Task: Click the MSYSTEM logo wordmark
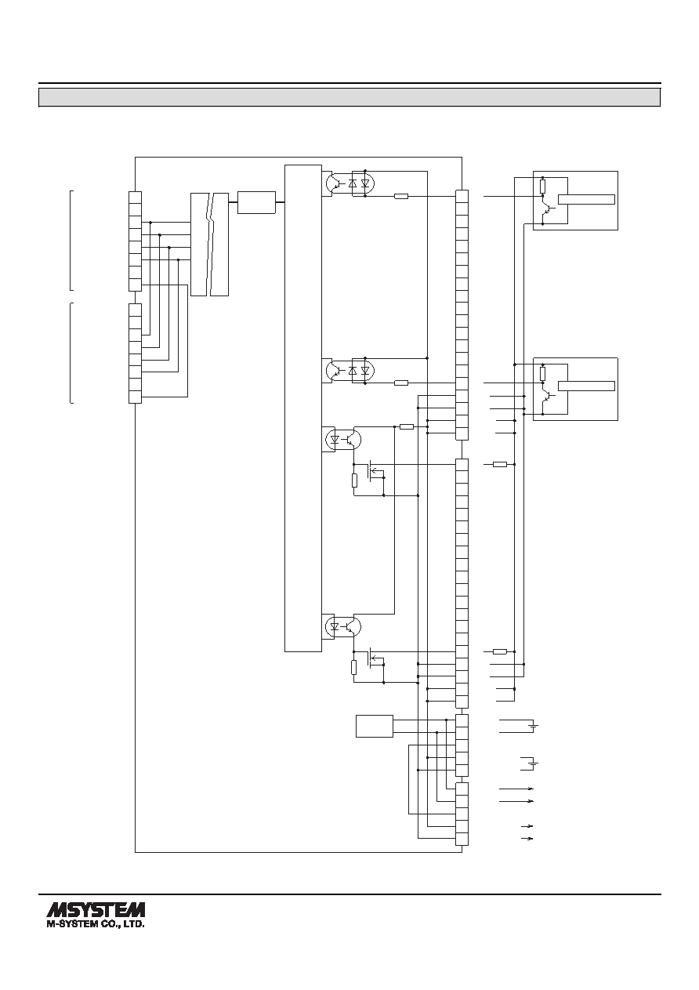96,909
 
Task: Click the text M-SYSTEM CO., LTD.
96,923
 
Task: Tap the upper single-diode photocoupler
343,440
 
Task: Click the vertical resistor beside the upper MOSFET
354,480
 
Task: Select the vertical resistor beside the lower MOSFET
354,667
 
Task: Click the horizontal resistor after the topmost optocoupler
400,196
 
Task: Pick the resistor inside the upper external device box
542,187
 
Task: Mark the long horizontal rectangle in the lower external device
586,386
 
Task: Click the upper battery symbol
534,726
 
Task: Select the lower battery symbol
534,763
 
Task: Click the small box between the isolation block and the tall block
257,202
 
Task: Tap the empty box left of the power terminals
375,726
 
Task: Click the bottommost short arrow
527,839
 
